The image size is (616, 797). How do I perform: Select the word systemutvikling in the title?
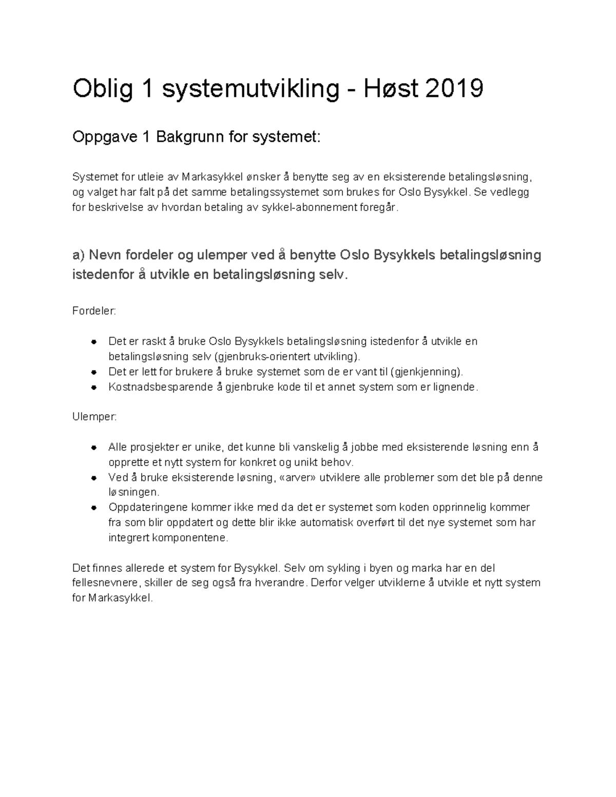pyautogui.click(x=251, y=89)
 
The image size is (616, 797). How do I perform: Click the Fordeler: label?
pyautogui.click(x=94, y=311)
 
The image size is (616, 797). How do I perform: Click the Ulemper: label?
pyautogui.click(x=94, y=417)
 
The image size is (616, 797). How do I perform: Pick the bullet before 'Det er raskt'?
pyautogui.click(x=94, y=342)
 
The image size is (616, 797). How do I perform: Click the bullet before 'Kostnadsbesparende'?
pyautogui.click(x=94, y=387)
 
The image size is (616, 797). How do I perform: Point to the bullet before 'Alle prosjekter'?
pyautogui.click(x=94, y=448)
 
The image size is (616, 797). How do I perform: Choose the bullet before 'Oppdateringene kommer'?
pyautogui.click(x=94, y=508)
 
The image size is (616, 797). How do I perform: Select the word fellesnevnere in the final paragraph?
pyautogui.click(x=105, y=583)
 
